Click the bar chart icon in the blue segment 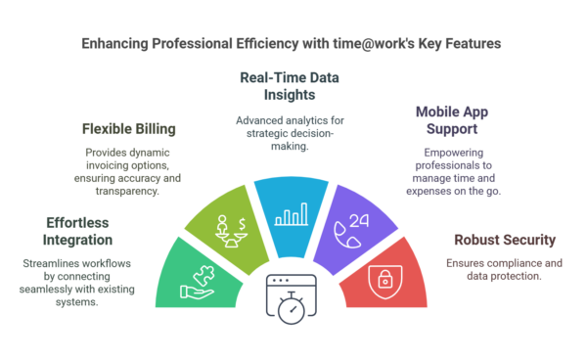click(292, 212)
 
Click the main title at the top click(293, 45)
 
